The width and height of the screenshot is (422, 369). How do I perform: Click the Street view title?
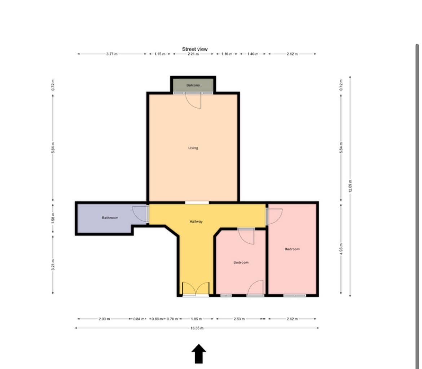pyautogui.click(x=195, y=49)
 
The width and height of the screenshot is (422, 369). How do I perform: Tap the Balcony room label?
pyautogui.click(x=193, y=85)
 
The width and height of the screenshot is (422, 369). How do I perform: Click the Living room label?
pyautogui.click(x=193, y=148)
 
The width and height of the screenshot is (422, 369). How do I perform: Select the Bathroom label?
pyautogui.click(x=110, y=218)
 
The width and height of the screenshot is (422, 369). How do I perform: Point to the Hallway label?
pyautogui.click(x=196, y=221)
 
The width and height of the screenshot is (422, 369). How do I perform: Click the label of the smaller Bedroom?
pyautogui.click(x=241, y=263)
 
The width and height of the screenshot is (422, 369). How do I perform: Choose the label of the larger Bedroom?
pyautogui.click(x=292, y=249)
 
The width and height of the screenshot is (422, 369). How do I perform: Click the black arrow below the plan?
pyautogui.click(x=199, y=353)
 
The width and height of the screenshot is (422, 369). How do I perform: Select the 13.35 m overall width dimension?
pyautogui.click(x=197, y=328)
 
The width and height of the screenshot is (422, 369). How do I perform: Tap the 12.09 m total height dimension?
pyautogui.click(x=350, y=186)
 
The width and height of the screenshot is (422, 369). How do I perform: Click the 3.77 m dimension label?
pyautogui.click(x=112, y=54)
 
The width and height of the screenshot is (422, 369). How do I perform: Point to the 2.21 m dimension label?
pyautogui.click(x=193, y=54)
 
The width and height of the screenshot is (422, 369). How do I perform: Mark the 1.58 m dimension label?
pyautogui.click(x=53, y=218)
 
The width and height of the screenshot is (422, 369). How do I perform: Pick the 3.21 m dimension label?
pyautogui.click(x=53, y=264)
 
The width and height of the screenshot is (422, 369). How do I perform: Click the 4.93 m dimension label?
pyautogui.click(x=341, y=249)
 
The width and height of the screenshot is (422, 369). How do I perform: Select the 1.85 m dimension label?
pyautogui.click(x=196, y=319)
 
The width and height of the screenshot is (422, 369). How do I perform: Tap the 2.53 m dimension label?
pyautogui.click(x=239, y=319)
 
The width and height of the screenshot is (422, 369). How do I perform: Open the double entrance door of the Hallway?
pyautogui.click(x=195, y=289)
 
